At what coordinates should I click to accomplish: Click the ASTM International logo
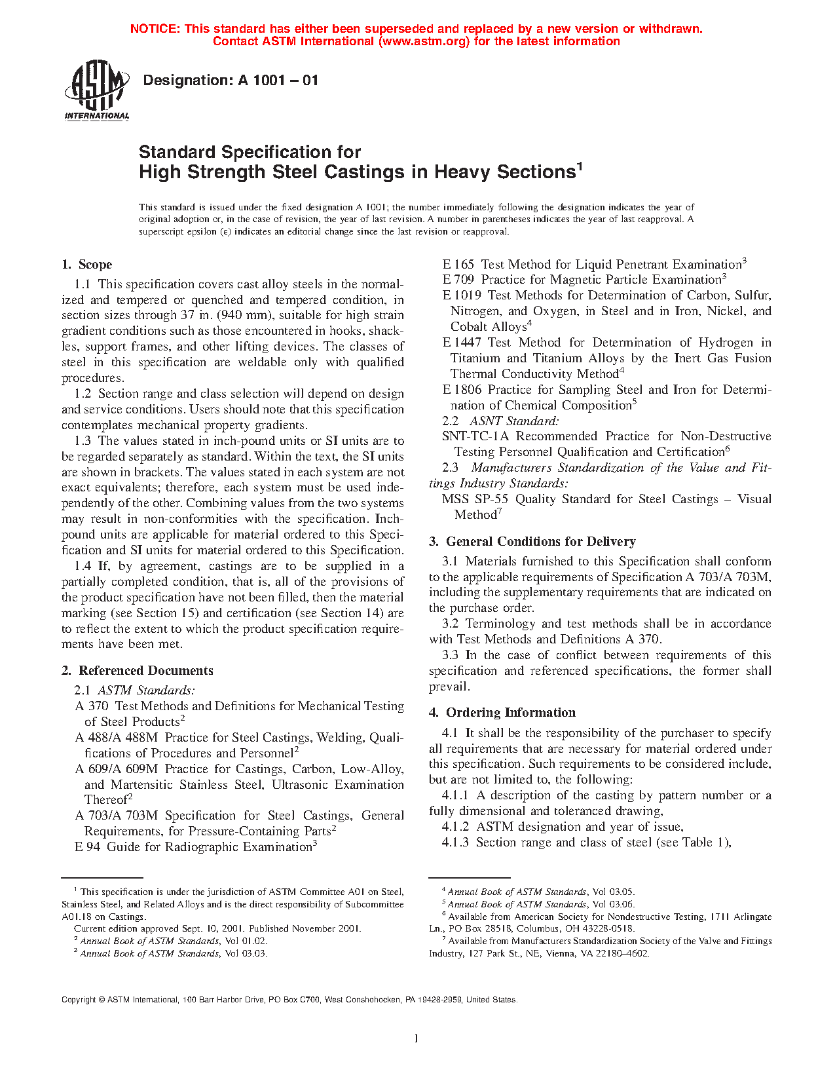click(97, 90)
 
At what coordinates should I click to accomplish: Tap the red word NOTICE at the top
click(155, 29)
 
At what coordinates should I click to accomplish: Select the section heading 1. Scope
click(86, 265)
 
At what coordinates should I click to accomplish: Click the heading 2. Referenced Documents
click(137, 671)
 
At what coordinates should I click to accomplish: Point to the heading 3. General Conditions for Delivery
click(532, 542)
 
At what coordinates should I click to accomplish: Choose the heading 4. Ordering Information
click(502, 713)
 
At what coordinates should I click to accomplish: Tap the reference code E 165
click(458, 265)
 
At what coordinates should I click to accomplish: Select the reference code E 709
click(458, 280)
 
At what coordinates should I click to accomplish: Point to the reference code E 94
click(87, 847)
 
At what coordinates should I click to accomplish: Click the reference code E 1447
click(462, 343)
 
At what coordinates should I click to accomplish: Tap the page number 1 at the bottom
click(416, 1037)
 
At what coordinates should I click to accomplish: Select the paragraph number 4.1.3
click(455, 843)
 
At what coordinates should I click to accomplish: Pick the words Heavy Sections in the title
click(505, 172)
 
